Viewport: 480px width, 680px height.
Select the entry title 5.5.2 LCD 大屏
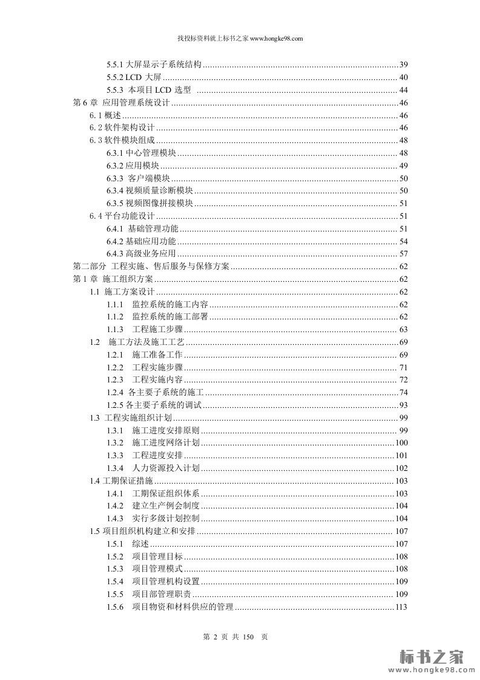[134, 77]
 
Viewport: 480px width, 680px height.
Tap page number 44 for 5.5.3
[403, 90]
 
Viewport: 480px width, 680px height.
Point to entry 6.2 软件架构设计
[122, 127]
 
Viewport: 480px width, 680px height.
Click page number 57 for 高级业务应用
[403, 253]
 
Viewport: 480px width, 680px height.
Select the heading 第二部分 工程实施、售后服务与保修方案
[151, 266]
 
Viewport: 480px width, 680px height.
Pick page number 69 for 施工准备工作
[403, 355]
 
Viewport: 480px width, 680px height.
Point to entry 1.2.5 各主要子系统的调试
[154, 405]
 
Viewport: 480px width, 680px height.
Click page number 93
[403, 405]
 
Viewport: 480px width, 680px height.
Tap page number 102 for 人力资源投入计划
[401, 468]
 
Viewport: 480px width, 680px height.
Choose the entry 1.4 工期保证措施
[119, 481]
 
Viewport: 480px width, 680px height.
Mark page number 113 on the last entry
[401, 607]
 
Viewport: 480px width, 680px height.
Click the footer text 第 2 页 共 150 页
[236, 637]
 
